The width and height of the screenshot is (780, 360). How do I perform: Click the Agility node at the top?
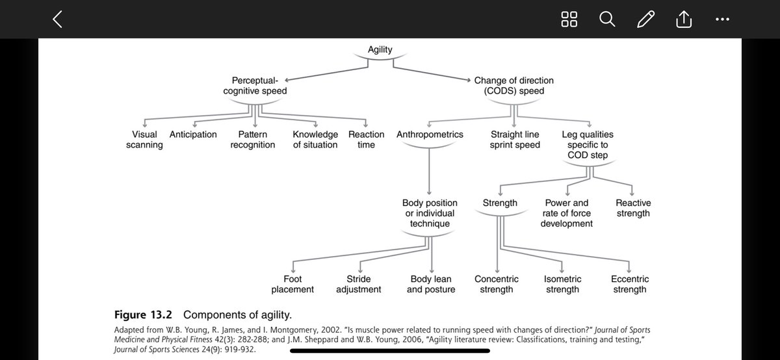[x=380, y=49]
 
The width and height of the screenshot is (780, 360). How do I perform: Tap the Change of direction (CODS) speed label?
[x=513, y=86]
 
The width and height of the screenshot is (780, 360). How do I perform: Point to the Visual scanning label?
[x=144, y=140]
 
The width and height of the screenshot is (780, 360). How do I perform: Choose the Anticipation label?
[x=193, y=135]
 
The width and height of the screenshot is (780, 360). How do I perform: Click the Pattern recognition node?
[x=253, y=140]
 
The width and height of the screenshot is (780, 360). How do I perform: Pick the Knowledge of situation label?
[x=315, y=140]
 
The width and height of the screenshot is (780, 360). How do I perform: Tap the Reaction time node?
[x=366, y=140]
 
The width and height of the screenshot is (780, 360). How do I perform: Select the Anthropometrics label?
[x=430, y=135]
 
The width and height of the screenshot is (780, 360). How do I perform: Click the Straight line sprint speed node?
[x=515, y=140]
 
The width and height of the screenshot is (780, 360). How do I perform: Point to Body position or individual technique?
[x=430, y=213]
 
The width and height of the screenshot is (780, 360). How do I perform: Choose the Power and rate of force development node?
[x=566, y=213]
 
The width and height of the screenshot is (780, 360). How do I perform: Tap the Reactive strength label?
[x=632, y=208]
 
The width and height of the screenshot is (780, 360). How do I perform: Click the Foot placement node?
[x=292, y=284]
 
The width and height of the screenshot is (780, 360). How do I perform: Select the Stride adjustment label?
[x=358, y=284]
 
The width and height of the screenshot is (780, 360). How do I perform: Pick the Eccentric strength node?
[x=629, y=284]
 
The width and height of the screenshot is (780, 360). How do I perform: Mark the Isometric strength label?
[x=562, y=284]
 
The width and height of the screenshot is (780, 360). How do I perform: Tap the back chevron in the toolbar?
[x=57, y=20]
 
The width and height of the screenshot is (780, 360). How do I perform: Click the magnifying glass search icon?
[x=606, y=20]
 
